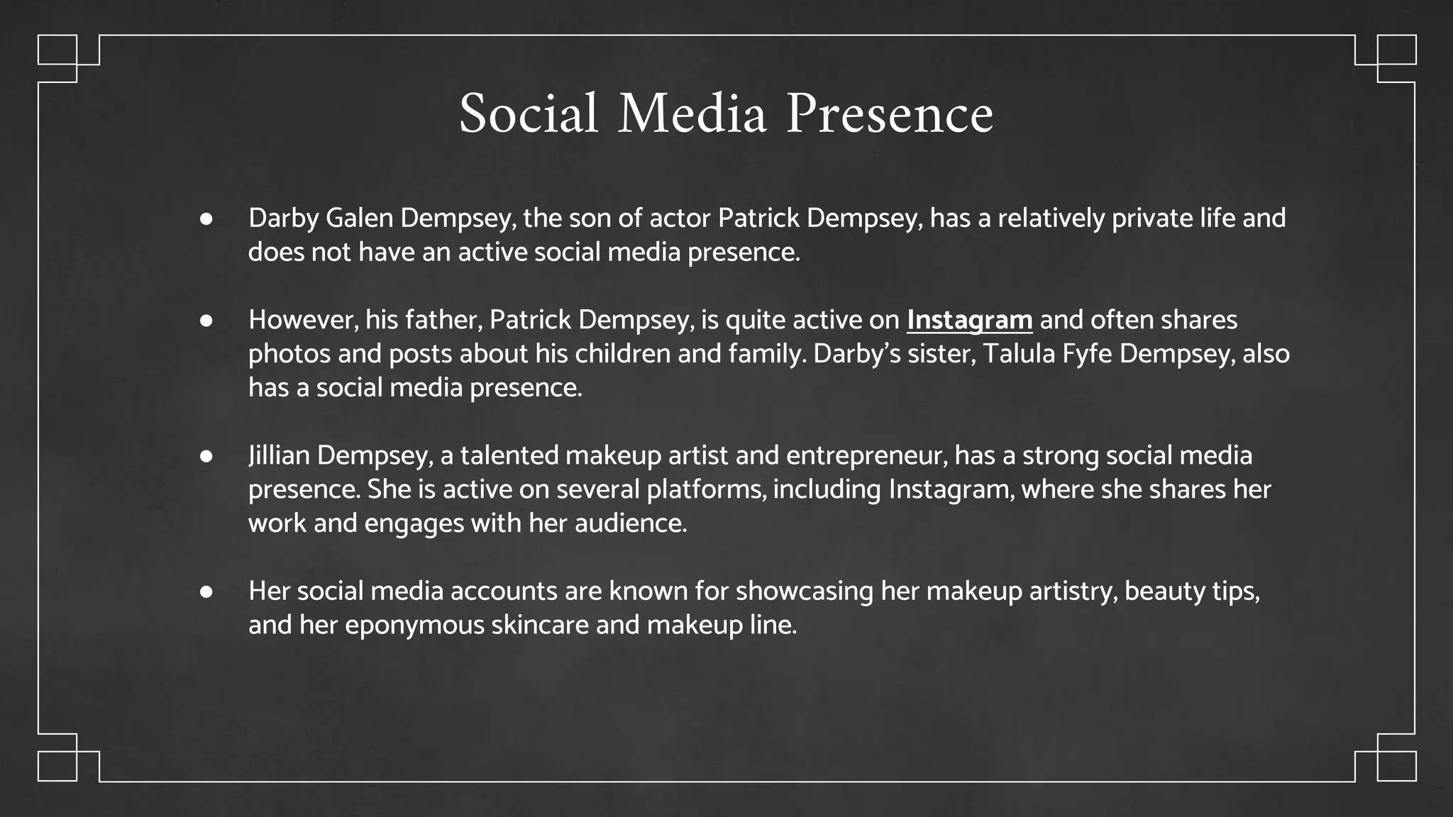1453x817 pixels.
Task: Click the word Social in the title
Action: point(529,113)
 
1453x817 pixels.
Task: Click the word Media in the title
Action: point(692,113)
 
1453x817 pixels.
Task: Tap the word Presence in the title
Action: point(890,113)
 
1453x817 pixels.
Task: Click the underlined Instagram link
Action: point(969,320)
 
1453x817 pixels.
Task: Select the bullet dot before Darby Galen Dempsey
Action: point(206,218)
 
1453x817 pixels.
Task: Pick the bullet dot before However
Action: point(206,321)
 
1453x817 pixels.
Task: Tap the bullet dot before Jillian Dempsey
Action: point(206,456)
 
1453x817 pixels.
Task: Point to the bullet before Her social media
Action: point(206,591)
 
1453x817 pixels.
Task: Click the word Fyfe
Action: point(1087,354)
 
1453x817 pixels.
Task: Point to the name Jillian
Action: point(279,455)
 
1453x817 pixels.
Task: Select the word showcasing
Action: point(805,591)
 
